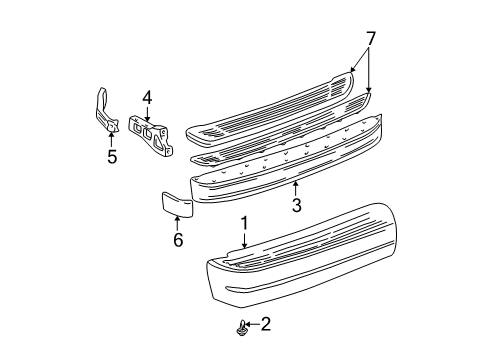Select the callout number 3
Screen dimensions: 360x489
click(x=296, y=206)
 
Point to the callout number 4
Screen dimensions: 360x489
click(x=146, y=97)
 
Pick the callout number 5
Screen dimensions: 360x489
click(x=111, y=155)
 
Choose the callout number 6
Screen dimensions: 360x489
click(x=179, y=241)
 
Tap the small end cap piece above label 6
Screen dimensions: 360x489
click(x=176, y=205)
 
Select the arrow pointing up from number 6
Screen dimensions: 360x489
click(x=179, y=224)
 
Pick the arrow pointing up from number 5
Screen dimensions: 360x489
click(x=111, y=138)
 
